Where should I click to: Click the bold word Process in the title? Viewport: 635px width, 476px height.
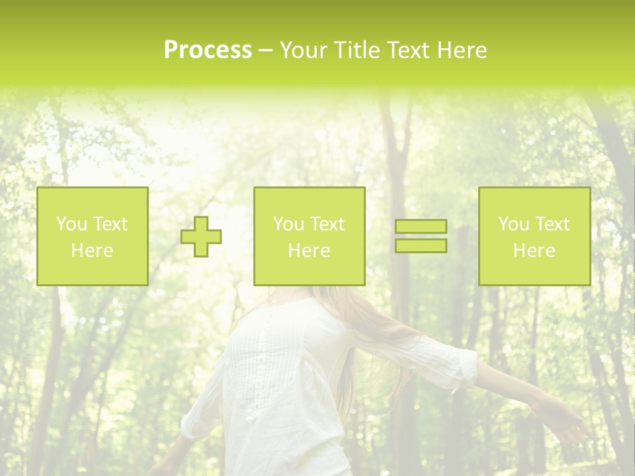point(208,50)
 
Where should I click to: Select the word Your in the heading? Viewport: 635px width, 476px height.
point(304,50)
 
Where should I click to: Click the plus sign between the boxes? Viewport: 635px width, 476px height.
point(201,237)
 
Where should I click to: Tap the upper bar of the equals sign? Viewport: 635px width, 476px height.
point(421,226)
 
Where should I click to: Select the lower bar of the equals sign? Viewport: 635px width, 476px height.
point(421,245)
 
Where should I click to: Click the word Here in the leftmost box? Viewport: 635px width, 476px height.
point(92,251)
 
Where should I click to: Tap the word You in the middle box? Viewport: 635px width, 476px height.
point(288,224)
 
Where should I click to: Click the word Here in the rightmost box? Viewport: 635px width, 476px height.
point(534,251)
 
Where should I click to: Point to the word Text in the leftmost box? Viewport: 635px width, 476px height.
point(110,224)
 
